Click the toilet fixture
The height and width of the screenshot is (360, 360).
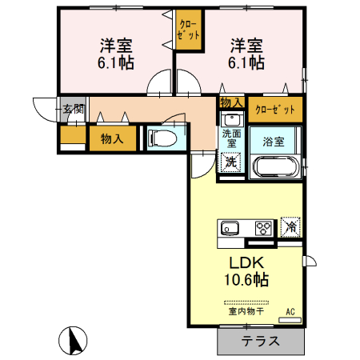tap(164, 138)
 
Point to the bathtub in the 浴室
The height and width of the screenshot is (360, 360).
tap(275, 167)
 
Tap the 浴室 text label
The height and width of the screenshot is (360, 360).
tap(274, 142)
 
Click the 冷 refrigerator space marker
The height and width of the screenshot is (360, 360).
tap(291, 226)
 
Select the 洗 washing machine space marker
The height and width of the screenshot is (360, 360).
tap(230, 162)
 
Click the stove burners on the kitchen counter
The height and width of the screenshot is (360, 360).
tap(264, 227)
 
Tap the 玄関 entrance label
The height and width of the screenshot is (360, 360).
tap(71, 109)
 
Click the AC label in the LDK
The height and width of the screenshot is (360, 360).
tap(290, 311)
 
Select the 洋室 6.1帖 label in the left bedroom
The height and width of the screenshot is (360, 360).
tap(115, 53)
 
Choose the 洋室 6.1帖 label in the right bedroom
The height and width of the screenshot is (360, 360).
tap(248, 53)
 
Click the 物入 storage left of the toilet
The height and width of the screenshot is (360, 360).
tap(112, 138)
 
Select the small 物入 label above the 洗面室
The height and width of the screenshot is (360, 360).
tap(230, 103)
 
